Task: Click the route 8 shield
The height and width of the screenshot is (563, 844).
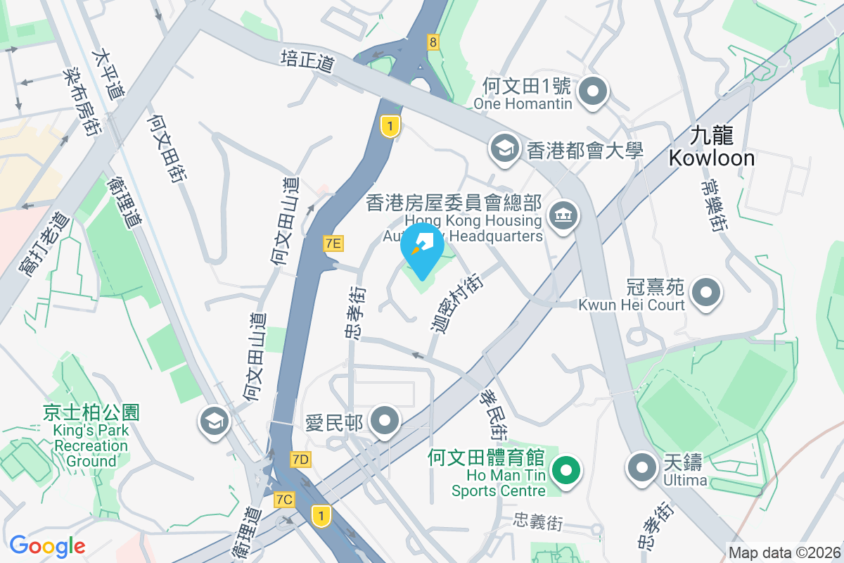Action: [433, 42]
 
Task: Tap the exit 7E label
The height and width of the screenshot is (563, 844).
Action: [333, 243]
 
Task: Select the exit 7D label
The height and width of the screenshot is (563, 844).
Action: [300, 460]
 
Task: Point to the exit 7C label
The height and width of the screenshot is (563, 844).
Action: [284, 500]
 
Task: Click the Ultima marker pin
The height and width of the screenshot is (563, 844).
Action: [642, 468]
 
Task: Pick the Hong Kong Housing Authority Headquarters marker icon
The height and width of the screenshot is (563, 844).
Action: [564, 213]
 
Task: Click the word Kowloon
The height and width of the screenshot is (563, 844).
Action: [712, 158]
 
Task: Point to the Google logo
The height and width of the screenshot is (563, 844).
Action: [47, 545]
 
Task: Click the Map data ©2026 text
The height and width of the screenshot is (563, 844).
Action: [784, 553]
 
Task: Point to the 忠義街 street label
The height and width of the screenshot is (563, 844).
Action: [539, 521]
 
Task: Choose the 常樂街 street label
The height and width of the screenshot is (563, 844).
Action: [713, 205]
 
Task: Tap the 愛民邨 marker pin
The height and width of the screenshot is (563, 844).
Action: [385, 422]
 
